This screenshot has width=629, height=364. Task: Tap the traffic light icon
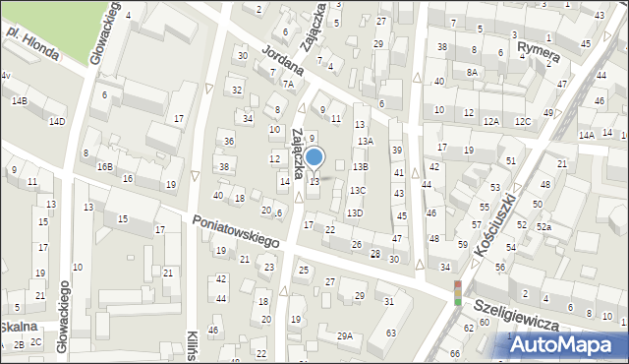(457, 293)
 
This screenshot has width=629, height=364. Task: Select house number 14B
(20, 101)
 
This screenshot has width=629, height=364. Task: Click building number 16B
(104, 167)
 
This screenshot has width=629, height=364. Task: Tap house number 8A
(472, 72)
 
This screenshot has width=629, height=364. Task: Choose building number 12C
(522, 121)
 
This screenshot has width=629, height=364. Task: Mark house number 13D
(355, 213)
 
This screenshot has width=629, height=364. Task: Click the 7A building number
(287, 85)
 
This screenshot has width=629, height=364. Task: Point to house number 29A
(345, 335)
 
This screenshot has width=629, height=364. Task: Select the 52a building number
(543, 227)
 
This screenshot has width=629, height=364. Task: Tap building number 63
(391, 334)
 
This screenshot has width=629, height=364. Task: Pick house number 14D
(57, 121)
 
